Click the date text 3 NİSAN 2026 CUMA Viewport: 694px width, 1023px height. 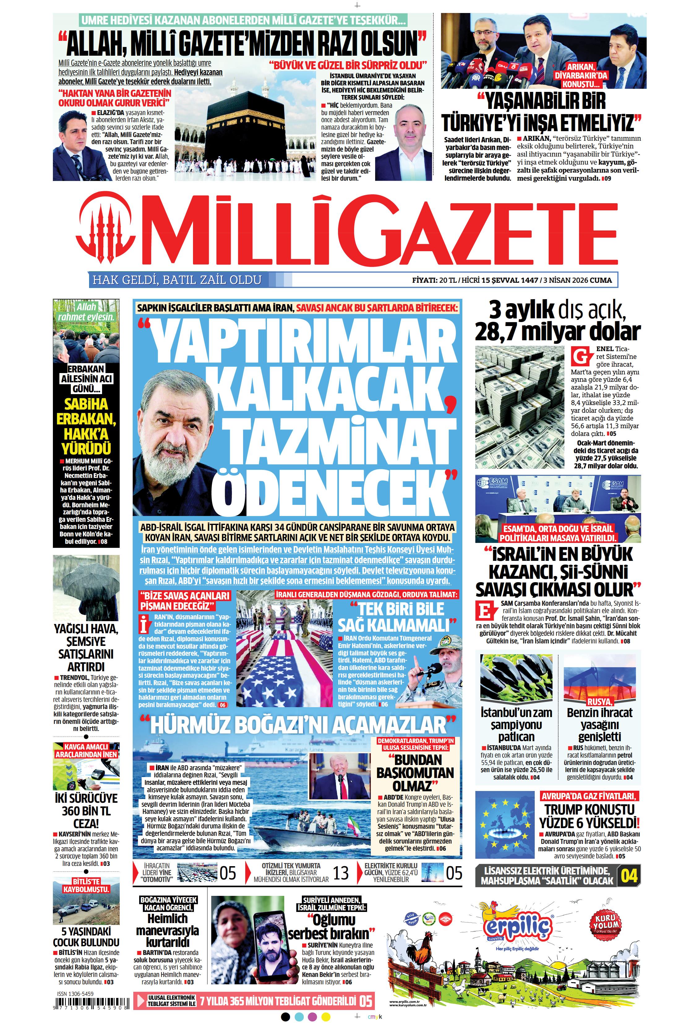click(577, 280)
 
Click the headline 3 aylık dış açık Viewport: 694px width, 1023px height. click(558, 311)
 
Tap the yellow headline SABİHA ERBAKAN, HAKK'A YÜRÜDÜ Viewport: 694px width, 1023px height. click(86, 426)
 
